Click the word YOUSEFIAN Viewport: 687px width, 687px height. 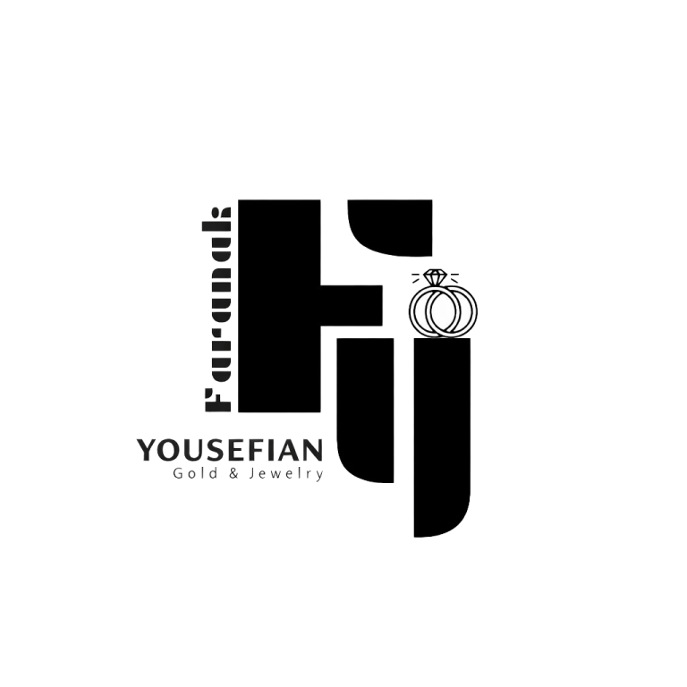(x=230, y=450)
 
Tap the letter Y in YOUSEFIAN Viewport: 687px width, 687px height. (x=147, y=450)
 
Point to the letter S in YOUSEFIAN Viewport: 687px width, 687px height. (x=213, y=450)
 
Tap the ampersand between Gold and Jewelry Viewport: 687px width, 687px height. (x=234, y=473)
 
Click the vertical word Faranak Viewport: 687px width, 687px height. (x=216, y=310)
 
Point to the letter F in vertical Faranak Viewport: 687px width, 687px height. (x=217, y=401)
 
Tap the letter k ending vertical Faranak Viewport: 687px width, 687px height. (x=216, y=216)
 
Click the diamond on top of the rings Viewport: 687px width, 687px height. (x=435, y=277)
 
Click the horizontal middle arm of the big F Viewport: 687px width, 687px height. (x=352, y=305)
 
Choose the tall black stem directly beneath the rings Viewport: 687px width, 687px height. (x=443, y=437)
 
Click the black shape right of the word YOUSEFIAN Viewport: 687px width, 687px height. (x=365, y=410)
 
